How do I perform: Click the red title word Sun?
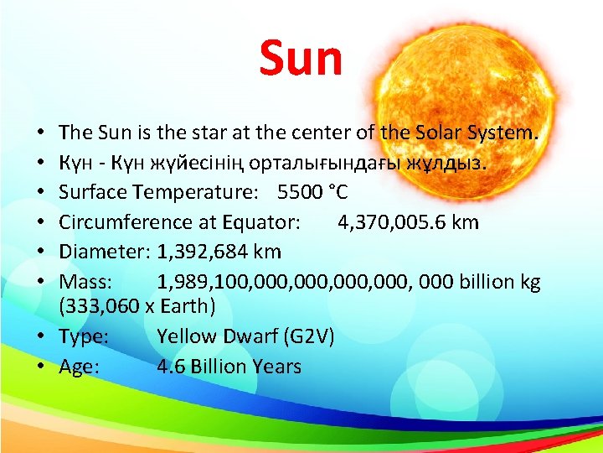301,58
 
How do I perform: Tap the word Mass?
81,281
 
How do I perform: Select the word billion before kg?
482,281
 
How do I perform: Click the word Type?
80,336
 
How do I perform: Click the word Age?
78,367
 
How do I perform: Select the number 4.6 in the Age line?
171,367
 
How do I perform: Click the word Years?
276,367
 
